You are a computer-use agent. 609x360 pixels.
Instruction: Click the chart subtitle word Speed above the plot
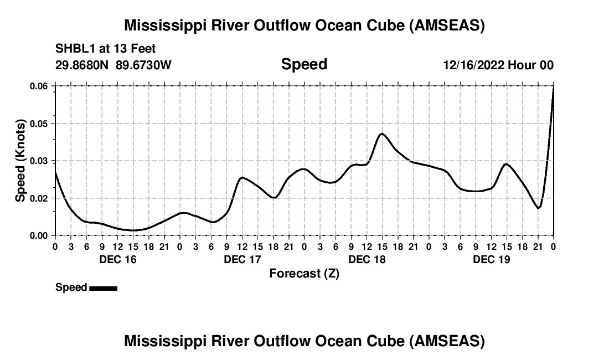[304, 64]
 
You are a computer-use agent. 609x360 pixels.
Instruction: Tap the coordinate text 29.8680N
[82, 65]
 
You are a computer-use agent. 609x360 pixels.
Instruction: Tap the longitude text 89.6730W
[143, 65]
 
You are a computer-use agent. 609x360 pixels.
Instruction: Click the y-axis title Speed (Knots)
[20, 161]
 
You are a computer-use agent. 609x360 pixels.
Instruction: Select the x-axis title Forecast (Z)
[304, 274]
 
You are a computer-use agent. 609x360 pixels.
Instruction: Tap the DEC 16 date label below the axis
[117, 259]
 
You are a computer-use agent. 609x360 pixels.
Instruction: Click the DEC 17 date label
[242, 259]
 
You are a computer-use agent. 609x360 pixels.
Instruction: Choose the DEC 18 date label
[367, 259]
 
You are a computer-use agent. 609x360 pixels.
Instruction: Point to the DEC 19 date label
[491, 259]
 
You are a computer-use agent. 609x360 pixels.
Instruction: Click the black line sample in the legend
[103, 288]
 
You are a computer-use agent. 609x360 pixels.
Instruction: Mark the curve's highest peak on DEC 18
[381, 133]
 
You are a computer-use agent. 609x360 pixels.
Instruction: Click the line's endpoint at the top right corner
[553, 87]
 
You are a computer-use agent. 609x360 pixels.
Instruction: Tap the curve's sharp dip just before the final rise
[538, 208]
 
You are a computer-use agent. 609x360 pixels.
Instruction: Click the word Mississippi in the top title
[163, 25]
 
